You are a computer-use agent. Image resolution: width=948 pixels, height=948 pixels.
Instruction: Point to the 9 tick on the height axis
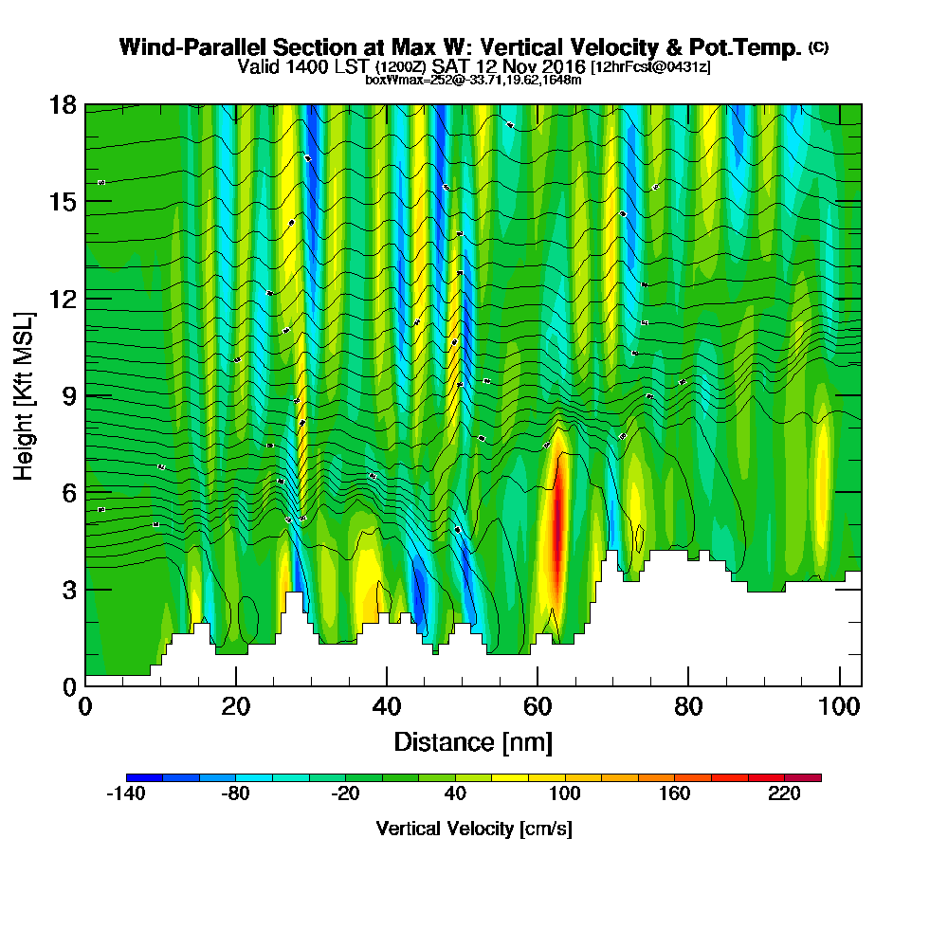tap(68, 395)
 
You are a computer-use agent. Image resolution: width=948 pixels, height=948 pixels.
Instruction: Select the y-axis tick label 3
tap(68, 590)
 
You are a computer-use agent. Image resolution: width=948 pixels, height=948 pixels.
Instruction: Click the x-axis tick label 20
tap(235, 708)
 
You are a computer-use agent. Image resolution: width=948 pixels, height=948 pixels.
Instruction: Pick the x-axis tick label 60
tap(537, 708)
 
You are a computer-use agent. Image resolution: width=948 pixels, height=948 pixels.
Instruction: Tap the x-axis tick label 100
tap(838, 708)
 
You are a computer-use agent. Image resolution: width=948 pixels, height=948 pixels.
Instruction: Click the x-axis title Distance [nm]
tap(472, 741)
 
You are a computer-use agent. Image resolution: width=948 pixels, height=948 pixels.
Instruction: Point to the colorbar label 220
tap(785, 794)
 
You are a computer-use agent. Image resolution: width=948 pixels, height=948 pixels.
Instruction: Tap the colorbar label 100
tap(564, 794)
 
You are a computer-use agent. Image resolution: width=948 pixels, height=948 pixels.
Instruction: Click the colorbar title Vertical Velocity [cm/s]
tap(473, 829)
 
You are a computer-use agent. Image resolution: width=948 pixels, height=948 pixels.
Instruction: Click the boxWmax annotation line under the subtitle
tap(472, 80)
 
